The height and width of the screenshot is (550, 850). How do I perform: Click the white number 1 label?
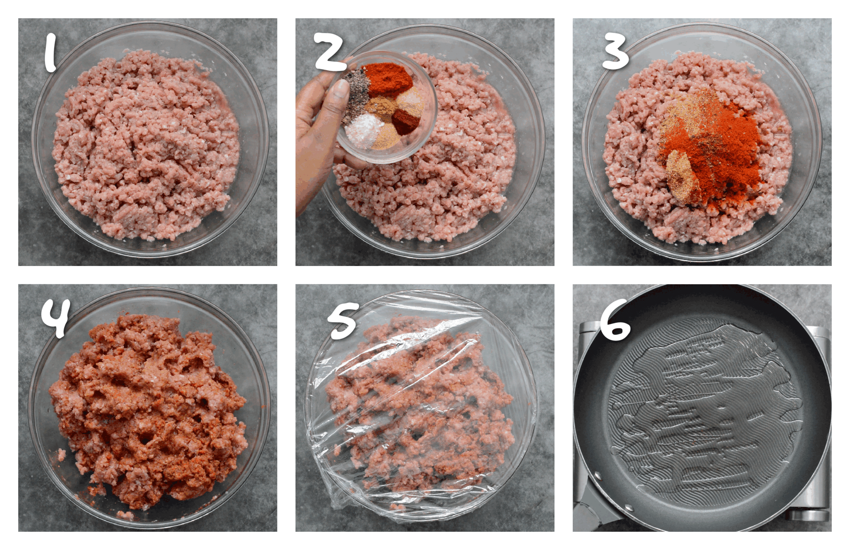(50, 53)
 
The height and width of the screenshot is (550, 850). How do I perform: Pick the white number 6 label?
(615, 321)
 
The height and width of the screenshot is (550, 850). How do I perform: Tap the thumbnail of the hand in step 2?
(314, 136)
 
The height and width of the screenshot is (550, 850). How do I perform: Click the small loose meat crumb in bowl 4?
(61, 454)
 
